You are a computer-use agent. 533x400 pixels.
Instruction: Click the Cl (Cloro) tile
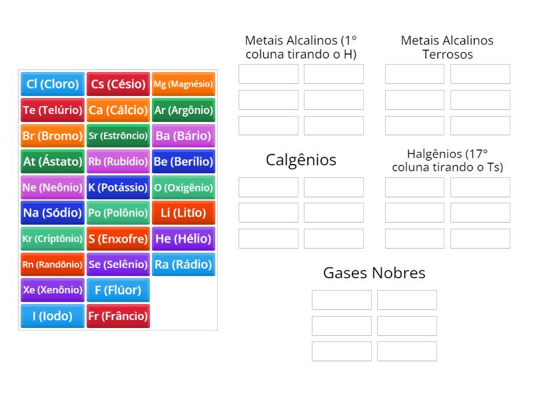pyautogui.click(x=53, y=84)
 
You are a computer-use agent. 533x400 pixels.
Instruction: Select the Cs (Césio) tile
pyautogui.click(x=118, y=84)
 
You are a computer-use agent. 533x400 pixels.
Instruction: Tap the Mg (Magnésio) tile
pyautogui.click(x=183, y=84)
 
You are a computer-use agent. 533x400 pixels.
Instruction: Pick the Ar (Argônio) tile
pyautogui.click(x=183, y=110)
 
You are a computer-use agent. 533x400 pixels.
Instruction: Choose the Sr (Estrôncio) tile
pyautogui.click(x=118, y=135)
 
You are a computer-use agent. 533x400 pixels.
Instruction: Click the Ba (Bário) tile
pyautogui.click(x=183, y=135)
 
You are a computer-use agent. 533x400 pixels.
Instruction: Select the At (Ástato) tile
pyautogui.click(x=53, y=161)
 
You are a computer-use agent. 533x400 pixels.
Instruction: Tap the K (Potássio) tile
pyautogui.click(x=118, y=187)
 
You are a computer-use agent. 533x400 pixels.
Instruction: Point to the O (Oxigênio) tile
pyautogui.click(x=183, y=187)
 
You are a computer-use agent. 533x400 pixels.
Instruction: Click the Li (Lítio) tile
pyautogui.click(x=183, y=213)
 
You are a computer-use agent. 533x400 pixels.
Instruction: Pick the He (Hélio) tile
pyautogui.click(x=183, y=239)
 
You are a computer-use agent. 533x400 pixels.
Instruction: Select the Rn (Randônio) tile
pyautogui.click(x=53, y=265)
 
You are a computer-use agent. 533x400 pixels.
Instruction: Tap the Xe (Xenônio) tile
pyautogui.click(x=53, y=290)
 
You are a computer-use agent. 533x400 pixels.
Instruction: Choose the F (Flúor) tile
pyautogui.click(x=118, y=290)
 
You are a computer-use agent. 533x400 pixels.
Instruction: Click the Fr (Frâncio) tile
pyautogui.click(x=118, y=316)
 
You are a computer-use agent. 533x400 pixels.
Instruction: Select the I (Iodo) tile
pyautogui.click(x=53, y=316)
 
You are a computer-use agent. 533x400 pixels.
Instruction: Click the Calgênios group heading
pyautogui.click(x=301, y=160)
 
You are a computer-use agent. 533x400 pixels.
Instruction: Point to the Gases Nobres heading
pyautogui.click(x=374, y=273)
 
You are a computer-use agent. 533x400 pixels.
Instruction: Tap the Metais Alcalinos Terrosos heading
pyautogui.click(x=447, y=47)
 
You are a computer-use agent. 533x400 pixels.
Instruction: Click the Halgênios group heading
pyautogui.click(x=447, y=160)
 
